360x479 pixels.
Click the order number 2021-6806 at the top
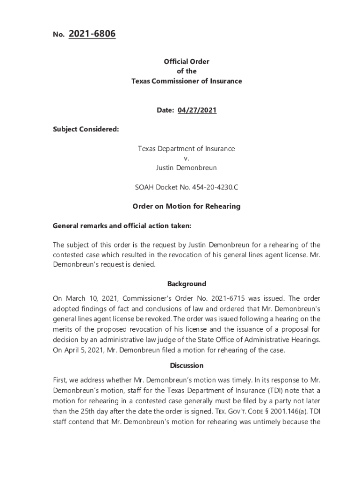tap(92, 34)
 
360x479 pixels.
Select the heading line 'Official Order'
tap(186, 62)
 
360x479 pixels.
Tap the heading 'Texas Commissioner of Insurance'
tap(186, 81)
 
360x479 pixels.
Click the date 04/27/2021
tap(197, 110)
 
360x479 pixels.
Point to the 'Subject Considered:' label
tap(86, 130)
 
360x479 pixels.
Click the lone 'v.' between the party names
tap(186, 158)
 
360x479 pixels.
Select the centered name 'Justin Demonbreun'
tap(186, 167)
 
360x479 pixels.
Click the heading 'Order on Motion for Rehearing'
tap(186, 206)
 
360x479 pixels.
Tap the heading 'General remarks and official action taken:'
tap(122, 226)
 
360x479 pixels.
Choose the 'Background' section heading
tap(187, 284)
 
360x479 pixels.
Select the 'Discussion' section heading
tap(187, 365)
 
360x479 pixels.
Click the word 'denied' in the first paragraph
tap(143, 265)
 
